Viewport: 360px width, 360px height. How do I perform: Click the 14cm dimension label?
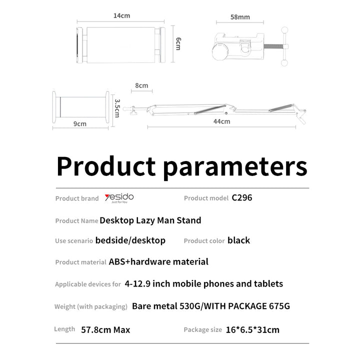coord(121,16)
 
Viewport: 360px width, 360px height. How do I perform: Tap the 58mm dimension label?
coord(240,17)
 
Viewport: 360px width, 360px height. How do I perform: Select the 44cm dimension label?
coord(221,121)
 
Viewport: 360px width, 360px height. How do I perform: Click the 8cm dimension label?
coord(141,85)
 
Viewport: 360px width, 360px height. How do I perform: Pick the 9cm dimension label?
coord(80,123)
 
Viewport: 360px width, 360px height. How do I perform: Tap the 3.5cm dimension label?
coord(116,108)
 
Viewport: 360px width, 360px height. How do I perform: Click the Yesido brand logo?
coord(119,198)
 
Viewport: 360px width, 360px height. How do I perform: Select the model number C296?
coord(242,197)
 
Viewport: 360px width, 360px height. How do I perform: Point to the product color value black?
coord(238,240)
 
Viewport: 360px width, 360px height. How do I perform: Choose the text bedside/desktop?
coord(130,240)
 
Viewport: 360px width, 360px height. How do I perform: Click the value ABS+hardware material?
coord(158,261)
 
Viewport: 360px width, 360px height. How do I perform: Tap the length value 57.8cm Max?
coord(105,329)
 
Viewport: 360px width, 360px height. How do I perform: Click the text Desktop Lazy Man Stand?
coord(150,220)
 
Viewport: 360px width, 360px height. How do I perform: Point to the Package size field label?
coord(202,330)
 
